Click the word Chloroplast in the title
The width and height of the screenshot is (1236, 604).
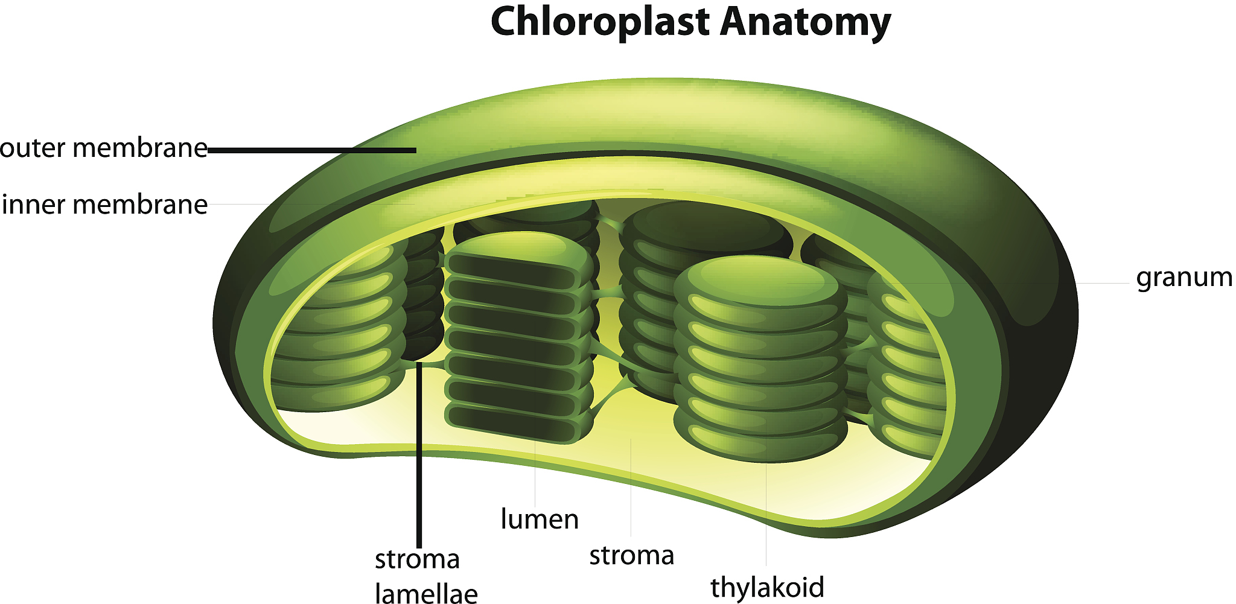[x=600, y=22]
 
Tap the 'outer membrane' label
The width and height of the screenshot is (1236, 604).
[x=104, y=148]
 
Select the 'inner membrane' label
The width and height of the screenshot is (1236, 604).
[x=105, y=205]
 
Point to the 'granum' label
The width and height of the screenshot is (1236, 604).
[x=1183, y=278]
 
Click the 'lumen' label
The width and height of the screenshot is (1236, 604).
[x=540, y=519]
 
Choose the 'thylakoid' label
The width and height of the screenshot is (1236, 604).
[x=767, y=587]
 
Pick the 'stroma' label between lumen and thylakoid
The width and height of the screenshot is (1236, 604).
[x=631, y=555]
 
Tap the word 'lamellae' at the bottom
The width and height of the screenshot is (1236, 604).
[x=426, y=593]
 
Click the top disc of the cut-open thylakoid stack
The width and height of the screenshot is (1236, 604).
[x=519, y=247]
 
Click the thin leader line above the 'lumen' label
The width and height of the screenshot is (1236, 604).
[x=535, y=477]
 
